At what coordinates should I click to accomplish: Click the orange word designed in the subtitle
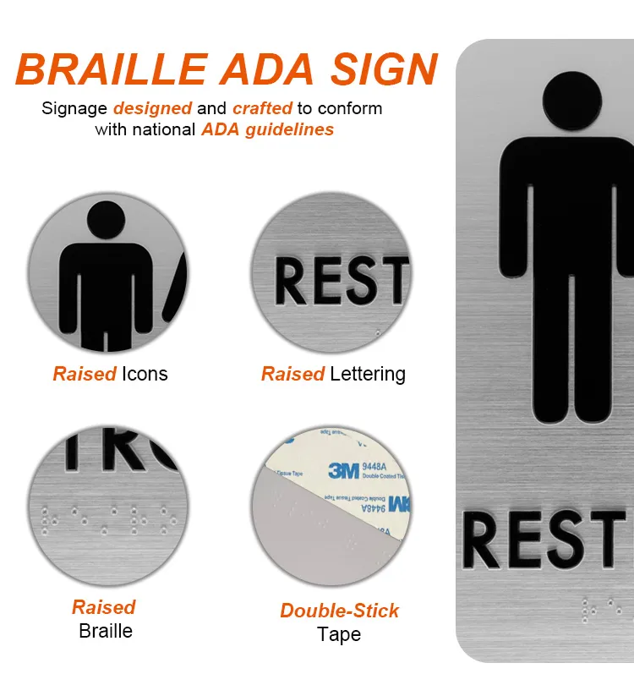pos(152,108)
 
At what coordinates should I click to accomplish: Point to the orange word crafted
pos(262,108)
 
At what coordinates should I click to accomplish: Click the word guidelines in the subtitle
pos(291,129)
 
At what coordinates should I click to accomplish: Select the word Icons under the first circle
pos(145,374)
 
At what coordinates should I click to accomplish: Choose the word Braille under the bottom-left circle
pos(106,631)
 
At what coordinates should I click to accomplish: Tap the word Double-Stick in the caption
pos(340,611)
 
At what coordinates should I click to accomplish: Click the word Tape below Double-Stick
pos(339,634)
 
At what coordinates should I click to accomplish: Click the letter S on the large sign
pos(566,540)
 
